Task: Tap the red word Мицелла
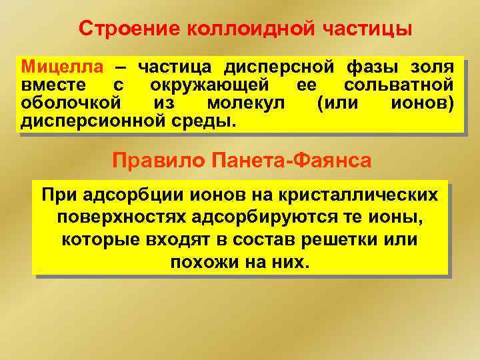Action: coord(63,67)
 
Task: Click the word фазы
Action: coord(371,67)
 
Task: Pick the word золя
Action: coord(432,67)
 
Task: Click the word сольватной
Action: coord(399,85)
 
